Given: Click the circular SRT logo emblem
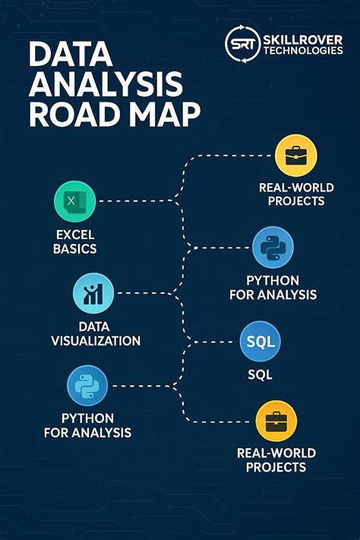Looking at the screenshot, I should pos(242,42).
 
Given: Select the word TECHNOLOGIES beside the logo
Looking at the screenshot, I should pos(302,50).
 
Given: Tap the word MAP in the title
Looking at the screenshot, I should pos(163,115).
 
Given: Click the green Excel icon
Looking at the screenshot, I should pos(75,201).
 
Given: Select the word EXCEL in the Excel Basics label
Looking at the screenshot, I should pos(75,235).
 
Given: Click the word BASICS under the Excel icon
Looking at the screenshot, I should pos(74,248).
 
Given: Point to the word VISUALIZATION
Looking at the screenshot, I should pos(96,341).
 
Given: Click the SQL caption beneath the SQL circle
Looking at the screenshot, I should pos(260,375).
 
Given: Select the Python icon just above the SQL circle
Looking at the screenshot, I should pos(272,247).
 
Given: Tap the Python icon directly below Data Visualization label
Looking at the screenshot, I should pos(88,385).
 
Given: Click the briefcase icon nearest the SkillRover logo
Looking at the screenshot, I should pos(295,156).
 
